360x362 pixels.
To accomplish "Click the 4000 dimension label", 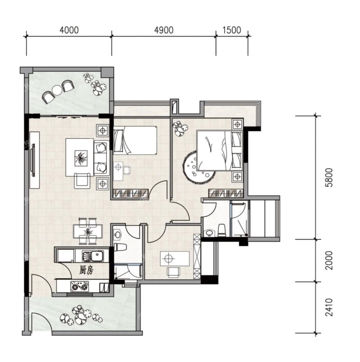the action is pyautogui.click(x=69, y=30).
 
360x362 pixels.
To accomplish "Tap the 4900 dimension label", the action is pyautogui.click(x=164, y=30).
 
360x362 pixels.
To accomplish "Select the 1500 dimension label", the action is pyautogui.click(x=232, y=30).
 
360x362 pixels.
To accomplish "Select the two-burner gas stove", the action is pyautogui.click(x=79, y=287).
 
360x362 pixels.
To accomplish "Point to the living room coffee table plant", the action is pyautogui.click(x=81, y=158).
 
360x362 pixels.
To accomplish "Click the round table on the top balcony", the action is pyautogui.click(x=57, y=91).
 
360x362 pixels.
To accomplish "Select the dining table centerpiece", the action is pyautogui.click(x=88, y=232).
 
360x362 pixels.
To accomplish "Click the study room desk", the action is pyautogui.click(x=174, y=258).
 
